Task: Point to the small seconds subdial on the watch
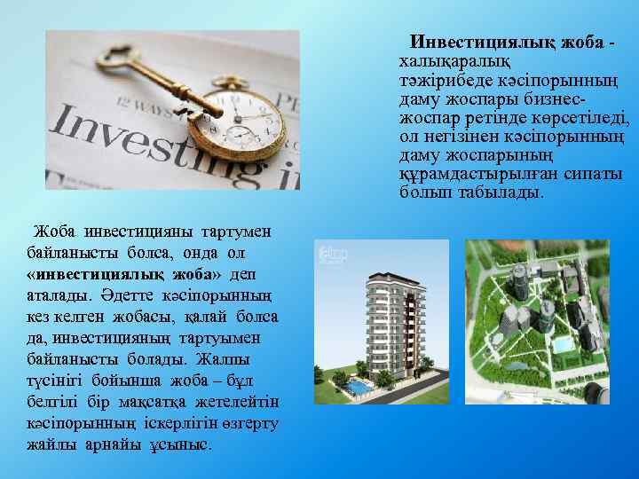(x=241, y=135)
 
